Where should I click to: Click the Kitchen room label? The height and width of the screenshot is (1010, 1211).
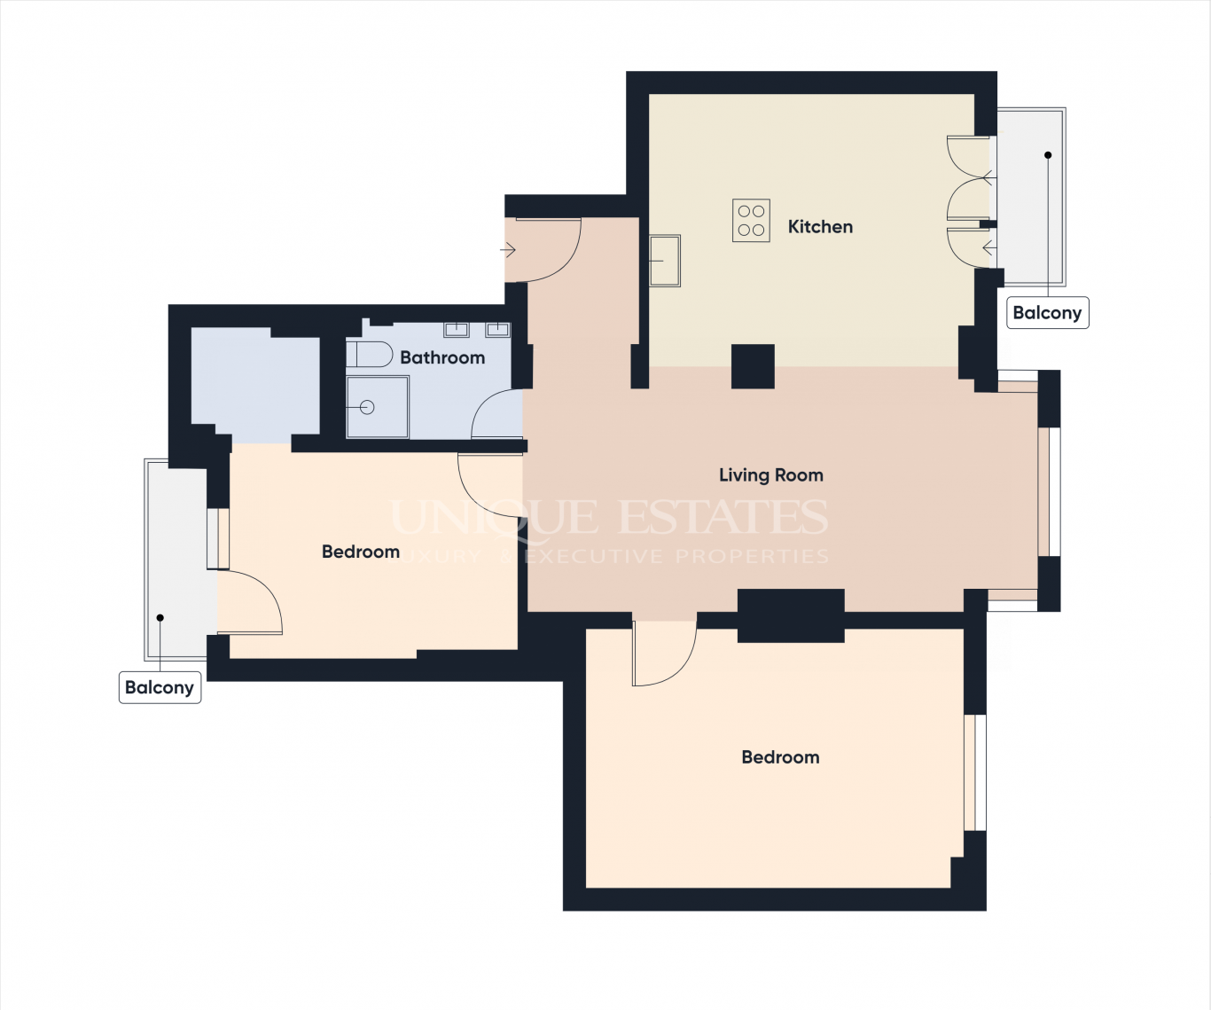pyautogui.click(x=820, y=227)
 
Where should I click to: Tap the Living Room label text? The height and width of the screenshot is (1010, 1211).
pyautogui.click(x=770, y=475)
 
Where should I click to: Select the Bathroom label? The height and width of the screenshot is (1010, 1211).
pyautogui.click(x=442, y=357)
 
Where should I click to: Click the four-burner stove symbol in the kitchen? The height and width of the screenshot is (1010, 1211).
pyautogui.click(x=751, y=221)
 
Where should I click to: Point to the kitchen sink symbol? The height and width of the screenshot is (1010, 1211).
pyautogui.click(x=665, y=261)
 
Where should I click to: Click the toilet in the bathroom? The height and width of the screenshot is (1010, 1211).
pyautogui.click(x=370, y=354)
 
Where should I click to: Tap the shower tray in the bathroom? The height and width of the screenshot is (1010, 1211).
pyautogui.click(x=378, y=407)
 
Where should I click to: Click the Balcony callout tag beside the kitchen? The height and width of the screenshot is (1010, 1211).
pyautogui.click(x=1048, y=313)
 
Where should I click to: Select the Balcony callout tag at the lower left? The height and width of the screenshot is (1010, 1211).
pyautogui.click(x=160, y=687)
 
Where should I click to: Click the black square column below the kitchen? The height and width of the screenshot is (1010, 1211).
pyautogui.click(x=753, y=366)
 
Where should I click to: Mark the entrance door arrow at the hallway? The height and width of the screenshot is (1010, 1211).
pyautogui.click(x=508, y=251)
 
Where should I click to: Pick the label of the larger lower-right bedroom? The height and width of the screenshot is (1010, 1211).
pyautogui.click(x=781, y=757)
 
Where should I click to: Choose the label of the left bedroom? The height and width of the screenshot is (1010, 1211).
pyautogui.click(x=361, y=552)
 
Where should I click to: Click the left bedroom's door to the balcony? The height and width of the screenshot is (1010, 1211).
pyautogui.click(x=250, y=602)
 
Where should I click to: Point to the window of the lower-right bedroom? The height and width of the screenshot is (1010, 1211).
pyautogui.click(x=975, y=772)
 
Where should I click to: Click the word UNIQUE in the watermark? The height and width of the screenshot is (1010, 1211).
pyautogui.click(x=495, y=517)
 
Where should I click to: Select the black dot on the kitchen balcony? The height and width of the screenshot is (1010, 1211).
pyautogui.click(x=1048, y=155)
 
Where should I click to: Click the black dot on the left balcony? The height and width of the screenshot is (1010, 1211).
pyautogui.click(x=160, y=618)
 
